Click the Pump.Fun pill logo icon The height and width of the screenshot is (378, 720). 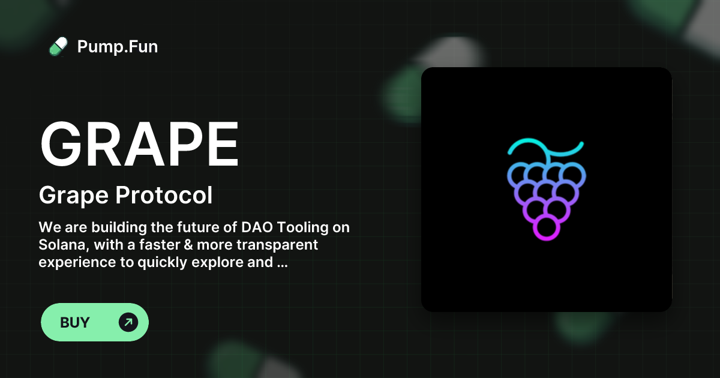(58, 47)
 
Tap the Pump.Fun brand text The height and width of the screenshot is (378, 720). (118, 47)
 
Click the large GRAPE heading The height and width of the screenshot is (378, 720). (139, 145)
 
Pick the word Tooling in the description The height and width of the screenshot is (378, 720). (304, 228)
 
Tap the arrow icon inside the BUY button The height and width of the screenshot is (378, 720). (128, 322)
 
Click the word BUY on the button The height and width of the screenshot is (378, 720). (75, 322)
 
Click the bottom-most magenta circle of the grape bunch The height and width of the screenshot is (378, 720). (546, 227)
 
